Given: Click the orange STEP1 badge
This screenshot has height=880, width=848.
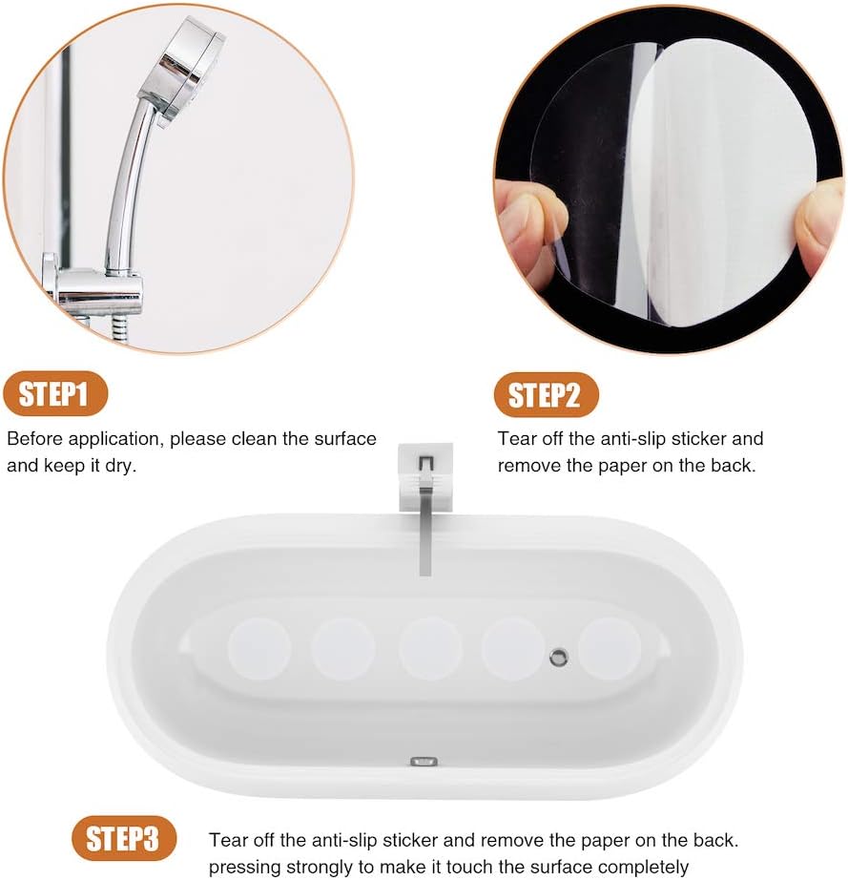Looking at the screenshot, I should point(56,394).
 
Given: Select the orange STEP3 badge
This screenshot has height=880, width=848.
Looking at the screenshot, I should point(124,839).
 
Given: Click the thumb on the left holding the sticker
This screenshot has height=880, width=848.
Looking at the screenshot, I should point(529,224).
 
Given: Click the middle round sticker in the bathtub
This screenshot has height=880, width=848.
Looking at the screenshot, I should point(430,648).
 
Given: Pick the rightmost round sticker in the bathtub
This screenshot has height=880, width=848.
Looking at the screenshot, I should point(610,648).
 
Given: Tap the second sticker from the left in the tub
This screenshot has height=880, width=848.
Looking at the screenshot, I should point(343,648).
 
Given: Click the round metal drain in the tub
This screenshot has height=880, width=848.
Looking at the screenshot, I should point(559,656).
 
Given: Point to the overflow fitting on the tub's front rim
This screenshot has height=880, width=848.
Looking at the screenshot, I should point(423,762).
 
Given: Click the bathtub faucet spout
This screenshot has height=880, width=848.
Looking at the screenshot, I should point(424,534).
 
